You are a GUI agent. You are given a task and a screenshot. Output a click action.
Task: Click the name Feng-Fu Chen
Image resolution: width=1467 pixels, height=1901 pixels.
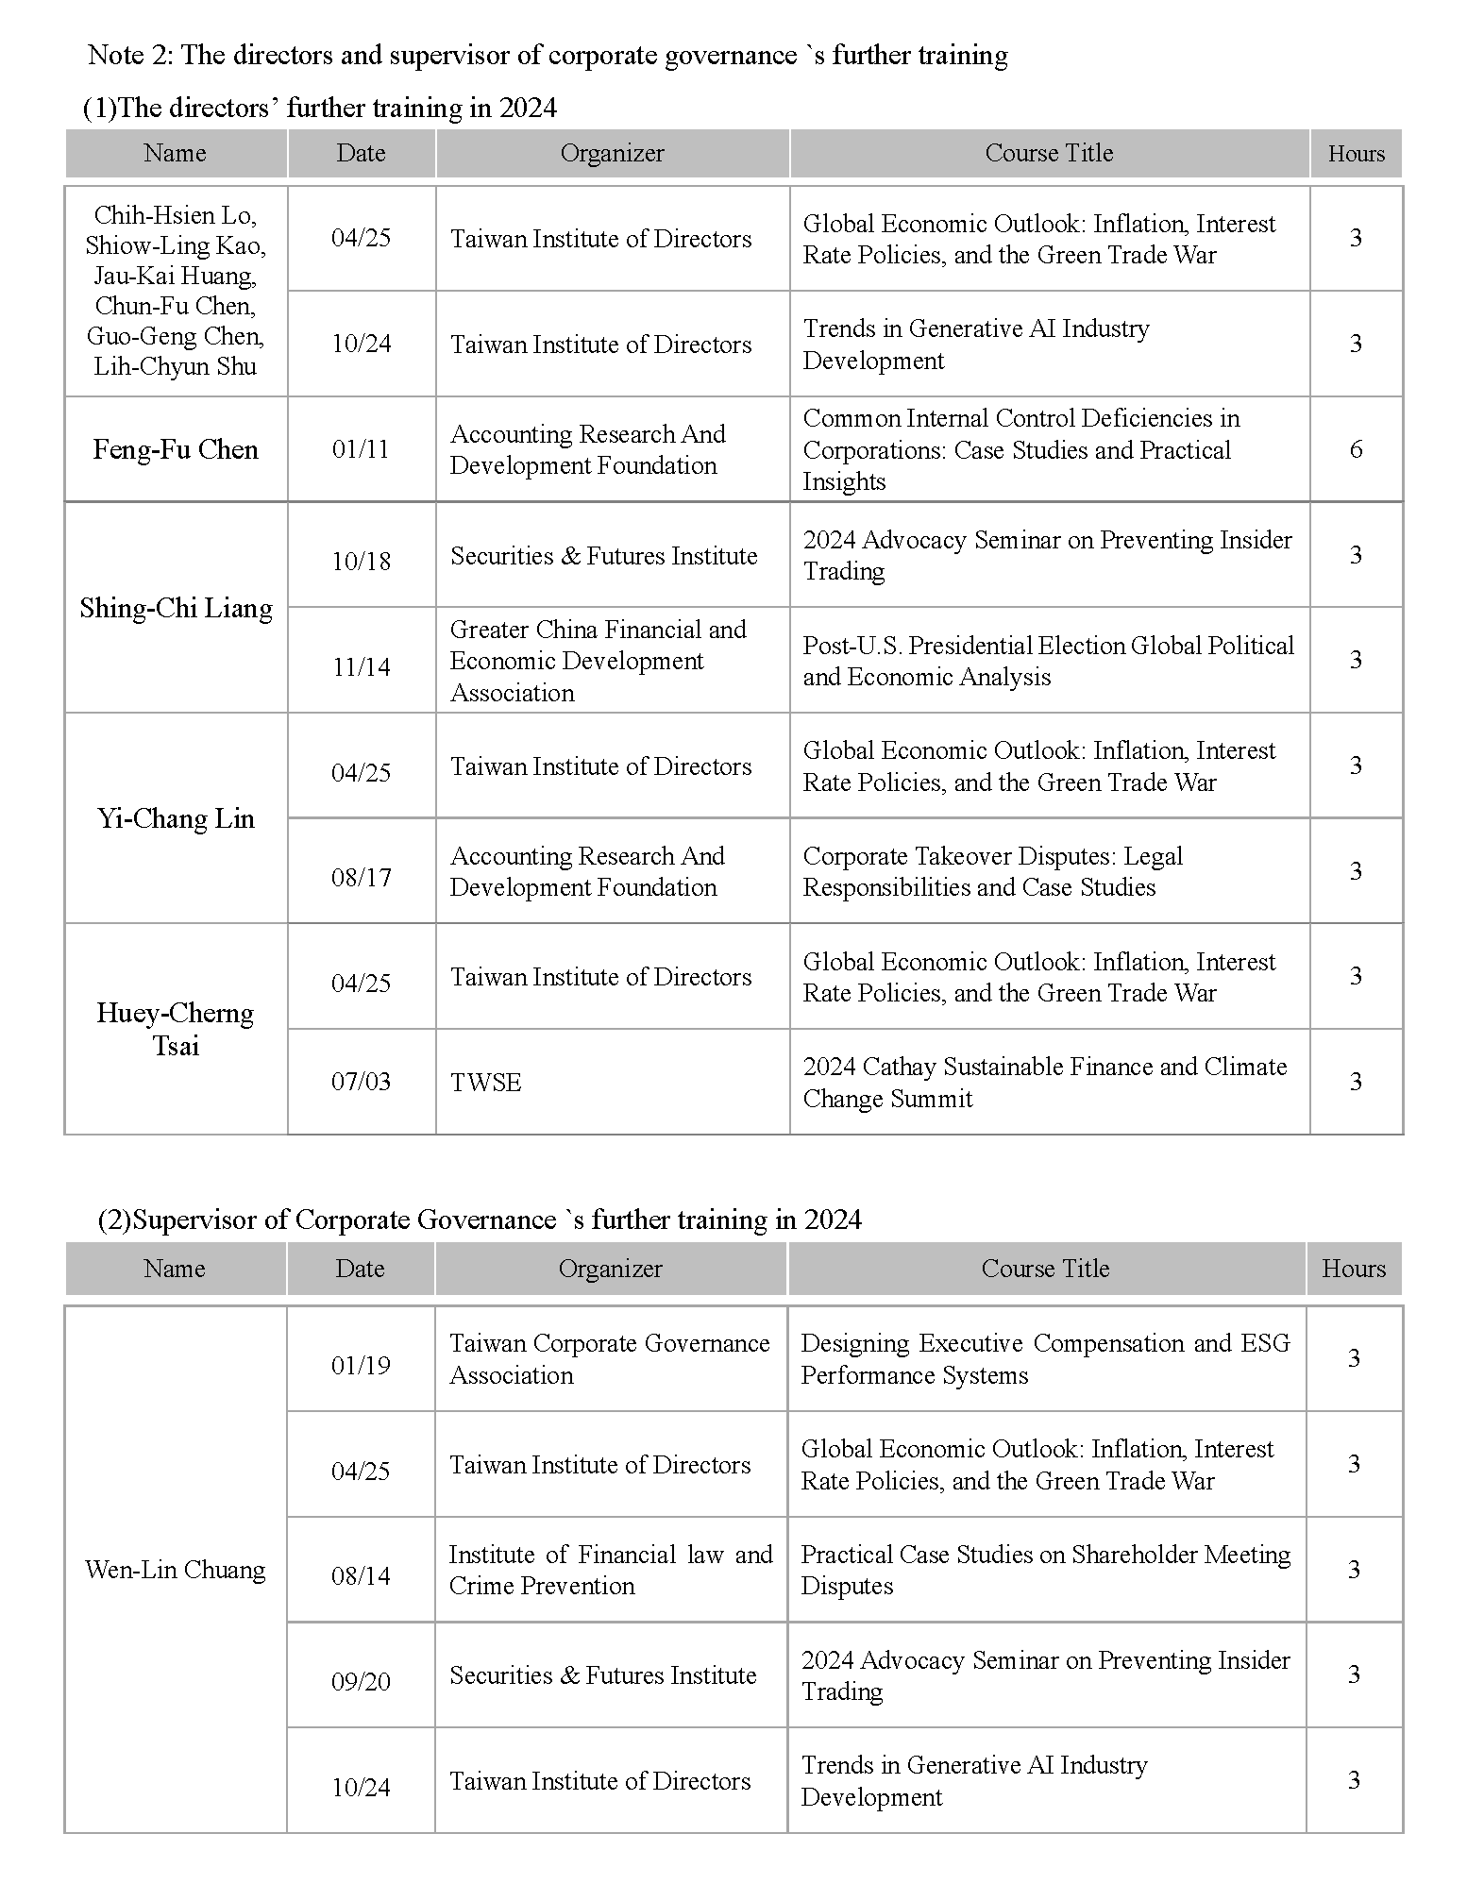click(x=176, y=449)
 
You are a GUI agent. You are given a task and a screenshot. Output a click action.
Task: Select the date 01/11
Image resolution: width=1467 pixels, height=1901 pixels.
click(x=361, y=449)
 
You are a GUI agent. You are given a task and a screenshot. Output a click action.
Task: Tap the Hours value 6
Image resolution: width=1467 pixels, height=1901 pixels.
click(x=1356, y=449)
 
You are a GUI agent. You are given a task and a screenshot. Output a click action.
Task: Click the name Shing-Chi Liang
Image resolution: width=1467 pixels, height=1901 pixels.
click(x=176, y=608)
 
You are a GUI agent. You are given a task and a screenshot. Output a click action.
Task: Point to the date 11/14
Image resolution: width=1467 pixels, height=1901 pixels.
click(x=361, y=667)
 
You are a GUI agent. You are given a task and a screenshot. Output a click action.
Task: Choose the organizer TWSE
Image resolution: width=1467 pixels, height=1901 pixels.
click(x=486, y=1083)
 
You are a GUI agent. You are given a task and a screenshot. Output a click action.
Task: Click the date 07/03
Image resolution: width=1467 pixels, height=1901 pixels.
click(x=361, y=1082)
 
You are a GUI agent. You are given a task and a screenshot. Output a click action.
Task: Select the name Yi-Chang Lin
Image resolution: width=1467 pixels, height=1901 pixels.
click(x=176, y=818)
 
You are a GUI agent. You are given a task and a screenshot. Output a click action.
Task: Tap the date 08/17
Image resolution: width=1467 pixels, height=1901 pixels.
click(x=361, y=878)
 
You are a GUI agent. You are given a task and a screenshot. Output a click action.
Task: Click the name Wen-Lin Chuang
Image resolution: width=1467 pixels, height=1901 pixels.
click(x=176, y=1570)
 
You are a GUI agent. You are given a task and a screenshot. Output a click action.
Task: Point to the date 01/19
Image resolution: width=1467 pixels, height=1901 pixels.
click(x=361, y=1366)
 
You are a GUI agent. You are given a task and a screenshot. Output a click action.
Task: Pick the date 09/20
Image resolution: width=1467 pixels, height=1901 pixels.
click(x=361, y=1682)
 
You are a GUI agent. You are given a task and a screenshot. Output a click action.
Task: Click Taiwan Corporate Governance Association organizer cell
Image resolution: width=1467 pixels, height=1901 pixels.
click(x=609, y=1359)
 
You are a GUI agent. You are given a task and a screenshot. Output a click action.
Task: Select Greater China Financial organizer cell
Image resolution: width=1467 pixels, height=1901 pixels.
click(x=598, y=661)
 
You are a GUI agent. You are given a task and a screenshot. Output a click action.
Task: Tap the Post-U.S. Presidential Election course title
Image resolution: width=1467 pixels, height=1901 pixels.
click(x=1048, y=661)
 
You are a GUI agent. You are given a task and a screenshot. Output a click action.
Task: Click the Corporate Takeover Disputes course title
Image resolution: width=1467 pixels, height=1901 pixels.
click(x=992, y=871)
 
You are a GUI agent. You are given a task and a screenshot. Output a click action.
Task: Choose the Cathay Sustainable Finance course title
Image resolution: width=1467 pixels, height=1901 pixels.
click(x=1044, y=1083)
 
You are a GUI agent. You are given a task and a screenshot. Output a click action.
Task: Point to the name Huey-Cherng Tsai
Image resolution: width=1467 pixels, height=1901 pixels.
click(x=176, y=1029)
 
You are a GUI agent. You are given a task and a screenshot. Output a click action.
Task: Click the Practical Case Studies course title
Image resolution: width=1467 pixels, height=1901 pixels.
click(x=1045, y=1570)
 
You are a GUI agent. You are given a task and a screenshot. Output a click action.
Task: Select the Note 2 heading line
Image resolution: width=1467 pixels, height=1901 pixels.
click(x=548, y=56)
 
